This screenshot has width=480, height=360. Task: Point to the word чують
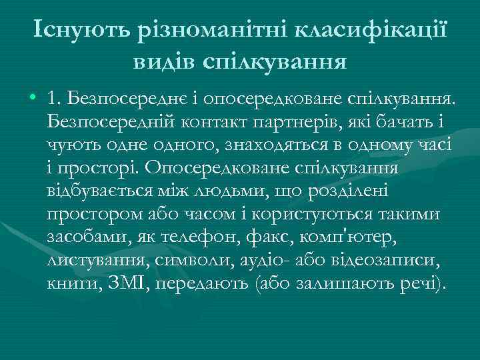(x=71, y=145)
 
